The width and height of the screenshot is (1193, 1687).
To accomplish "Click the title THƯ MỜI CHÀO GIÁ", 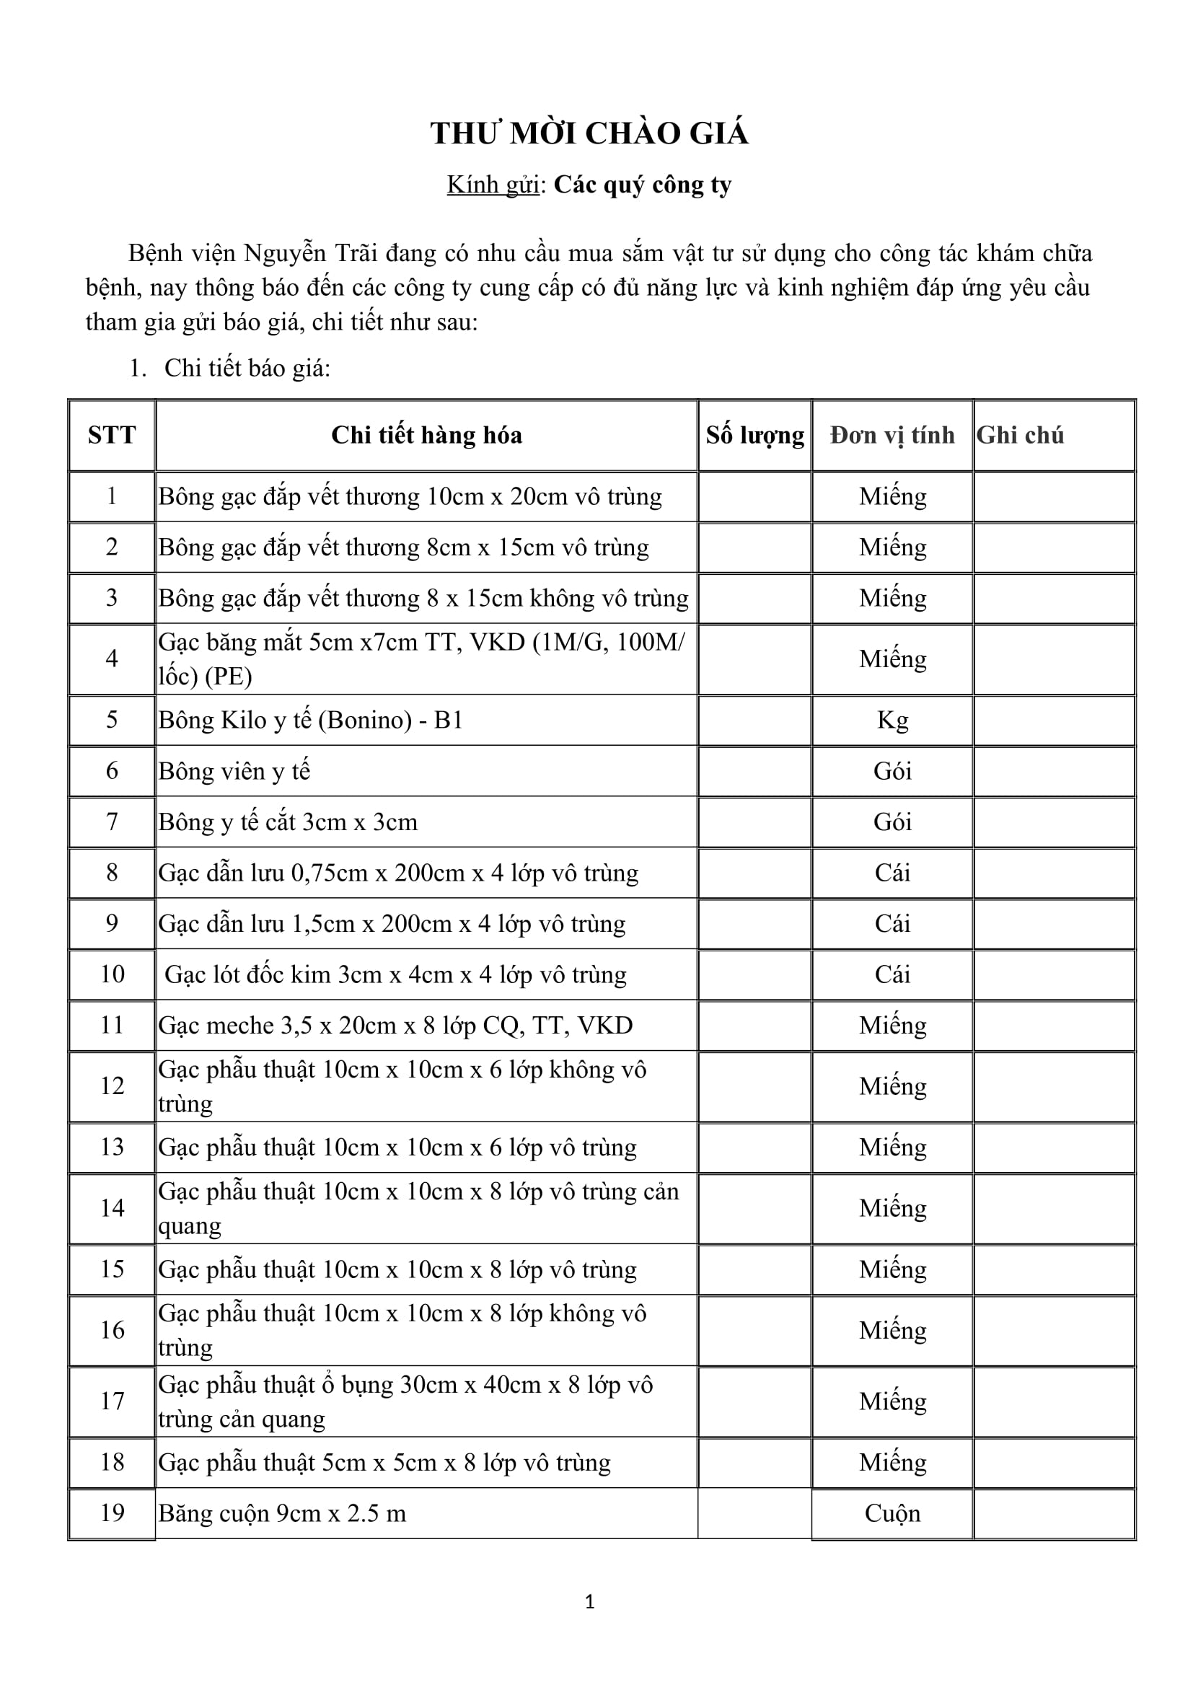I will click(589, 133).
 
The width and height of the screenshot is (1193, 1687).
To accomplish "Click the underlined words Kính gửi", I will click(493, 185).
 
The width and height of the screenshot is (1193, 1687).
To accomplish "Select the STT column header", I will click(112, 435).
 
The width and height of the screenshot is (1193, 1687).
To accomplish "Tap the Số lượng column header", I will click(754, 435).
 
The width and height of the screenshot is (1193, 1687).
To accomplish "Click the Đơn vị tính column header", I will click(892, 435).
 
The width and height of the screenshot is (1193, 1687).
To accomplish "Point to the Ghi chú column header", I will click(1020, 435).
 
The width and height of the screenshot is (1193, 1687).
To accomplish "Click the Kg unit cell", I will click(892, 719).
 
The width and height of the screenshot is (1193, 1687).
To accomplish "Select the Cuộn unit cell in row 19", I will click(892, 1513).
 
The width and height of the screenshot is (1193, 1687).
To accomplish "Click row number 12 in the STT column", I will click(112, 1085).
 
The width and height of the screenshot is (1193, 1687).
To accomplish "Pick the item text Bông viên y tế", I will click(234, 771).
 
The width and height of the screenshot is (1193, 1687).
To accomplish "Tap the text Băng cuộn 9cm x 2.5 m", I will click(282, 1513).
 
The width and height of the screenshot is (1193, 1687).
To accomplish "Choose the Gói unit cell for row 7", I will click(892, 822).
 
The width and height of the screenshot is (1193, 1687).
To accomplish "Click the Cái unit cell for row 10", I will click(892, 974).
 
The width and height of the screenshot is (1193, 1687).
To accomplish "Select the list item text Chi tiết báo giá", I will click(247, 368).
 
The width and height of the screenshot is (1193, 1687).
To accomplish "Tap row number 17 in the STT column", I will click(112, 1401).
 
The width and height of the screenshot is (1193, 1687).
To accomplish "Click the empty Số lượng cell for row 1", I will click(754, 497).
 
